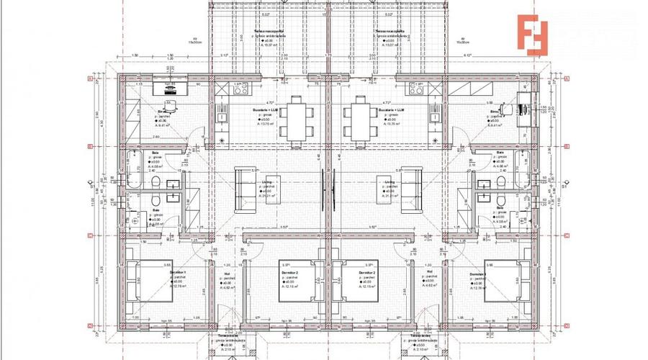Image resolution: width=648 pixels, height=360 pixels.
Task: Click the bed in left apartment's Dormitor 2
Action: point(295,287)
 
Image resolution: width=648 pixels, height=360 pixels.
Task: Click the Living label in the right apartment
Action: point(390,182)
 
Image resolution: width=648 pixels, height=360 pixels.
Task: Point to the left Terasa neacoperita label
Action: point(267,32)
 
